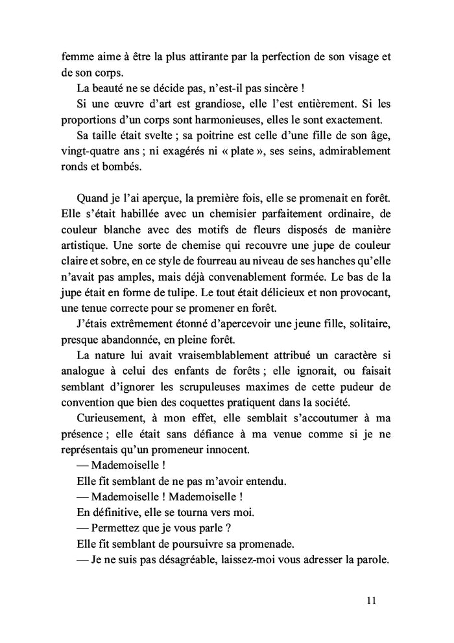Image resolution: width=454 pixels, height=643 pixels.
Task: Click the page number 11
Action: tap(371, 600)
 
